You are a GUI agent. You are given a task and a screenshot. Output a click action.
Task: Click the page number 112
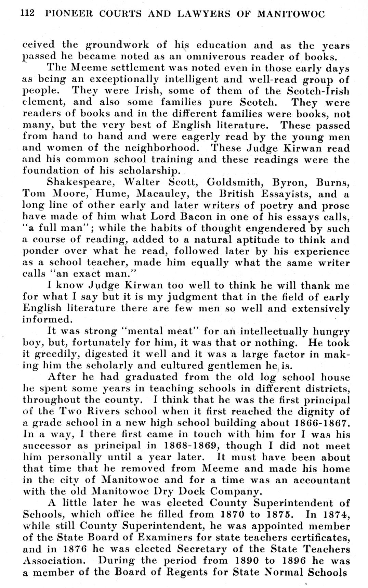[28, 13]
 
